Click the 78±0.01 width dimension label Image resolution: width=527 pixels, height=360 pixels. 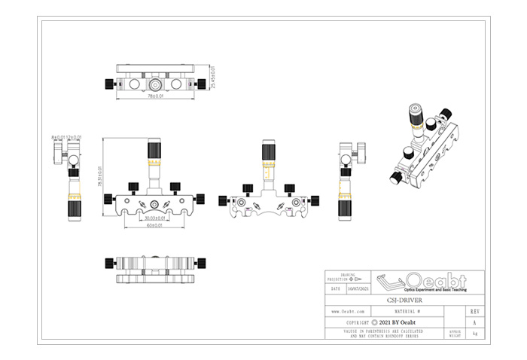(x=156, y=96)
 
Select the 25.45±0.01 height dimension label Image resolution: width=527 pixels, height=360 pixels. (x=213, y=78)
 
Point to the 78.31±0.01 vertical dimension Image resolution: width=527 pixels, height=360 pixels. (x=100, y=178)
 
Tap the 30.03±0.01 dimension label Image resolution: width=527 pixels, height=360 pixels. (x=155, y=218)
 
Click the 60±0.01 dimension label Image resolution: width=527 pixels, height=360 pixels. (x=156, y=225)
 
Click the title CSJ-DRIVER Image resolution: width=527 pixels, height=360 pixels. (x=410, y=300)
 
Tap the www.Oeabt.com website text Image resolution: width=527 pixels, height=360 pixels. (x=349, y=310)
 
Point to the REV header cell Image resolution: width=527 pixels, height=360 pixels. (x=474, y=310)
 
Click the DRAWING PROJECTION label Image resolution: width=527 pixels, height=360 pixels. (x=347, y=276)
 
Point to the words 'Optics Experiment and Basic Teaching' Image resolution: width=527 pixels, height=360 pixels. (x=435, y=290)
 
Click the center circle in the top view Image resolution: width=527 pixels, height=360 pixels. (x=155, y=84)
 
